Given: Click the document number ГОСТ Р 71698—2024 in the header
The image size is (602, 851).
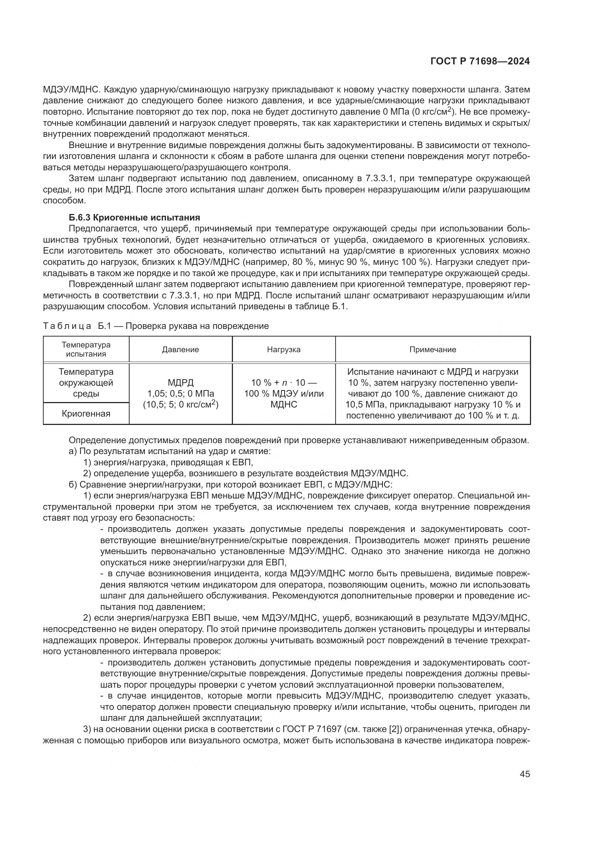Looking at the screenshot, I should [480, 61].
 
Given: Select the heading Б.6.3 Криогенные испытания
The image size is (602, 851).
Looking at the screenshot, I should [134, 218].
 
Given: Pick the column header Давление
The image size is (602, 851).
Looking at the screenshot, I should [180, 350].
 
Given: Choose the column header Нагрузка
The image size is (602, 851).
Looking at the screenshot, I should [284, 350].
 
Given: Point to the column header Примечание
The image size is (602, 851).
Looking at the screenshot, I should [433, 350].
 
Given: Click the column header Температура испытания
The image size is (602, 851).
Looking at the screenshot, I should [86, 349].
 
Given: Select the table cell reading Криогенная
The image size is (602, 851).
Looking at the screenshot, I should [86, 414].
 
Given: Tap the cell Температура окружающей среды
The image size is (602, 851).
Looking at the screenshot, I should [86, 382].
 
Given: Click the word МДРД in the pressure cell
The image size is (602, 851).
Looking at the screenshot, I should [181, 382].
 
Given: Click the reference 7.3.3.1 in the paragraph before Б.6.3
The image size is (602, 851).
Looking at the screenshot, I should [378, 179].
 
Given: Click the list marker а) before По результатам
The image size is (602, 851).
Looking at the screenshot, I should [73, 452].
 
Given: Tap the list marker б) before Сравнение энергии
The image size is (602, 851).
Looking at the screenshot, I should [73, 485].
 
